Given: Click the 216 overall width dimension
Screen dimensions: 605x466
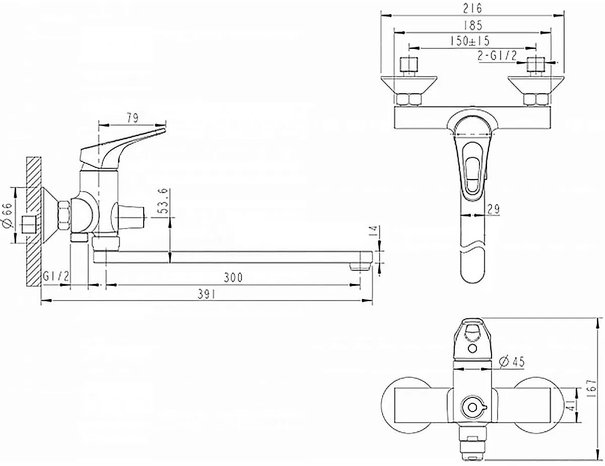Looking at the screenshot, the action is [x=472, y=9].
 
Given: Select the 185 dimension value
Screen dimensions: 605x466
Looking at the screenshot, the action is [x=472, y=25].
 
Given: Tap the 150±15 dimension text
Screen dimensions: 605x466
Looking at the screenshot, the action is [x=469, y=41].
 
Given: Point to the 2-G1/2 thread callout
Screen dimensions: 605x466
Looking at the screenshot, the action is [x=497, y=56].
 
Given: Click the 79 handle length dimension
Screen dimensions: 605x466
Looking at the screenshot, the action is [x=133, y=118].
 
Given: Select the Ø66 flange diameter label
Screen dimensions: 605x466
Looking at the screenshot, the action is [x=8, y=215].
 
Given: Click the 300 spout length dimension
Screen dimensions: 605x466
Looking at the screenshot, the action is [x=233, y=277].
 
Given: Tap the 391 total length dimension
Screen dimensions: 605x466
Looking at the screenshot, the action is [x=206, y=295].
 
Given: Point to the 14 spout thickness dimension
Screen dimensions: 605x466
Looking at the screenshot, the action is [x=373, y=231].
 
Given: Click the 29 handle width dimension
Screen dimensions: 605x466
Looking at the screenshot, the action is [x=494, y=209].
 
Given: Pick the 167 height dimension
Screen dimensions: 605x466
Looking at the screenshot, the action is [x=592, y=388].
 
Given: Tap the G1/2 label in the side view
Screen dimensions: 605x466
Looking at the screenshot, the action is [x=56, y=276].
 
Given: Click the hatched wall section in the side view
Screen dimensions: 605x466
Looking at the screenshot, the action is [x=34, y=221].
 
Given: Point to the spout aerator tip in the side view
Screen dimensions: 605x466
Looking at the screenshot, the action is [x=360, y=267].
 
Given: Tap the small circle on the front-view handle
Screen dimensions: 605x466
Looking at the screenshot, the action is [x=472, y=348].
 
